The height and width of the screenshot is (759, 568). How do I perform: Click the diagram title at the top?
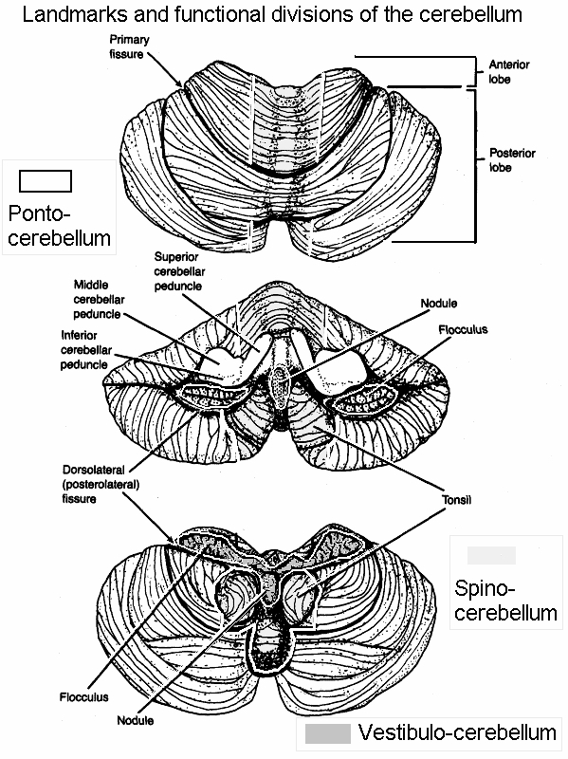pyautogui.click(x=272, y=14)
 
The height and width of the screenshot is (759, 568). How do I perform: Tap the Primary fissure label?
pyautogui.click(x=129, y=46)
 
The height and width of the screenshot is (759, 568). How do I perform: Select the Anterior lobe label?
pyautogui.click(x=508, y=72)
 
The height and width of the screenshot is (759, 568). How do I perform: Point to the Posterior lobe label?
pyautogui.click(x=512, y=160)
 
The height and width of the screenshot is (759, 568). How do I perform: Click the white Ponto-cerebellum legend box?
pyautogui.click(x=46, y=181)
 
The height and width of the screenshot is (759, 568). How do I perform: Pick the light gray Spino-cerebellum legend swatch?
pyautogui.click(x=491, y=555)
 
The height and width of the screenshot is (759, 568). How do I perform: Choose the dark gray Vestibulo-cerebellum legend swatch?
pyautogui.click(x=327, y=733)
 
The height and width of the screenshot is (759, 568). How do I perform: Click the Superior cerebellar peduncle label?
pyautogui.click(x=179, y=271)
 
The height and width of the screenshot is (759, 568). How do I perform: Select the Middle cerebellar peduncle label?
pyautogui.click(x=99, y=300)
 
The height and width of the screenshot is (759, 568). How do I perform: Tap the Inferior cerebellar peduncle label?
pyautogui.click(x=86, y=350)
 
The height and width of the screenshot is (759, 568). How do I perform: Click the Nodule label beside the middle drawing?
pyautogui.click(x=438, y=304)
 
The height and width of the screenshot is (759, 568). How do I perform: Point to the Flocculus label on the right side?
pyautogui.click(x=463, y=329)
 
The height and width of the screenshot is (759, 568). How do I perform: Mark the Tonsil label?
pyautogui.click(x=456, y=500)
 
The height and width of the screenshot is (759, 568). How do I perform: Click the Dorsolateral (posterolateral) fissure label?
pyautogui.click(x=101, y=484)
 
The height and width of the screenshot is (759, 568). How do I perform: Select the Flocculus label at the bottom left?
pyautogui.click(x=83, y=697)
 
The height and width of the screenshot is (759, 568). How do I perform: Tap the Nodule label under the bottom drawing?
pyautogui.click(x=135, y=720)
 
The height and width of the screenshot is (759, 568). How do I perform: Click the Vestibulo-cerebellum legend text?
pyautogui.click(x=457, y=732)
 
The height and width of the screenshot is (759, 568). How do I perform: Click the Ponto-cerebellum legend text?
pyautogui.click(x=59, y=226)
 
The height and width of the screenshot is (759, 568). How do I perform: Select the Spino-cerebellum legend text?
pyautogui.click(x=505, y=601)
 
